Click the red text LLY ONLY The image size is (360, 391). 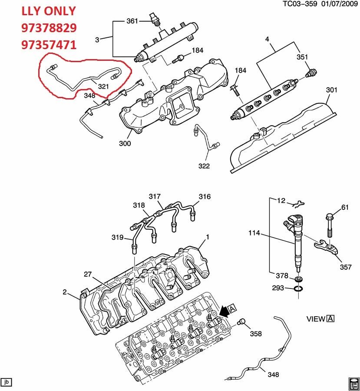coord(49,11)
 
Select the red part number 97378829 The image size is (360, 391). coord(49,28)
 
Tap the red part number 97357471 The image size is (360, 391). coord(49,44)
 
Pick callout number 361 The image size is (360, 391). coord(132,21)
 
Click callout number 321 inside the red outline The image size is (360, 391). coord(103,86)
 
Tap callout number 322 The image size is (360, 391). coord(204,166)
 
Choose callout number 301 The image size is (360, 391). coord(332,90)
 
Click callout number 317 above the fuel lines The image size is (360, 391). coord(155,196)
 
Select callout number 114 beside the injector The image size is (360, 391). coord(254,233)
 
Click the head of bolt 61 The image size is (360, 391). coord(328,216)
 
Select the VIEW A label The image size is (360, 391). coord(320,319)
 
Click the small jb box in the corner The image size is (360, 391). coord(7,382)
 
